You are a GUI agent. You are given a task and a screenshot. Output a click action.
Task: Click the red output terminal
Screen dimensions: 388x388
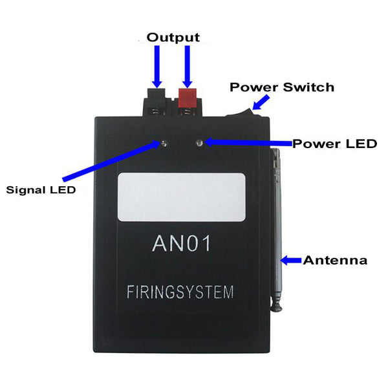tap(188, 102)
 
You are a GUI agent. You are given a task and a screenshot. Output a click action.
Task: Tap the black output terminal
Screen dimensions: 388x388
tap(156, 102)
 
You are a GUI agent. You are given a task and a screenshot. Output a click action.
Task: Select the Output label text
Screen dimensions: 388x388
tap(173, 38)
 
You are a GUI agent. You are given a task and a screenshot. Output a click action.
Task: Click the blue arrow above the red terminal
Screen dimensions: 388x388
tap(188, 67)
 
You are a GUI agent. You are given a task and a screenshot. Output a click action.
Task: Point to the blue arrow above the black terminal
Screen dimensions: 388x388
tap(157, 67)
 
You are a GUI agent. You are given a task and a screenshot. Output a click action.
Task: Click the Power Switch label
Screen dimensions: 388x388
tap(282, 87)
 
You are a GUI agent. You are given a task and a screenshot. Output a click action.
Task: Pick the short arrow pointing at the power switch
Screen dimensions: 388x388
tap(261, 102)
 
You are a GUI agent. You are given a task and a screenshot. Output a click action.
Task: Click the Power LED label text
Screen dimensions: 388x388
tap(334, 144)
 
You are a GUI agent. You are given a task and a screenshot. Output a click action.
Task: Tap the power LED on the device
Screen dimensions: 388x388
tap(199, 143)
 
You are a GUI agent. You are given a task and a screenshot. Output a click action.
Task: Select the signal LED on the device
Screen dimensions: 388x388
tap(164, 144)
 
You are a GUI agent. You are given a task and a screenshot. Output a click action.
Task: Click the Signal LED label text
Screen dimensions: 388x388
tap(41, 189)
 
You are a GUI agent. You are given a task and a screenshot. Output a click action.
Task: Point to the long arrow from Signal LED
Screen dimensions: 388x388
tap(111, 161)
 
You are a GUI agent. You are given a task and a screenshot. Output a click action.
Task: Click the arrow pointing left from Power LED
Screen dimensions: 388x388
tap(248, 142)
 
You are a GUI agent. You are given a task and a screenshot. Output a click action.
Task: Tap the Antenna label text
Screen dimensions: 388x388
tap(335, 261)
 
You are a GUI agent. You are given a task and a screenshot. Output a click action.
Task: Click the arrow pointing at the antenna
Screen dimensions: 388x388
tap(291, 261)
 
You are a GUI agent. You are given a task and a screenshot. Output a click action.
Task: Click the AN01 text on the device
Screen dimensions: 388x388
tap(181, 244)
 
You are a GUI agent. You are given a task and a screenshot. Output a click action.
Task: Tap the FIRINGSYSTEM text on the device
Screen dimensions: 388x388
tap(180, 292)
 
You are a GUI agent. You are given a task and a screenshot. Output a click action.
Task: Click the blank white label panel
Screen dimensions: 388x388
tap(182, 197)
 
